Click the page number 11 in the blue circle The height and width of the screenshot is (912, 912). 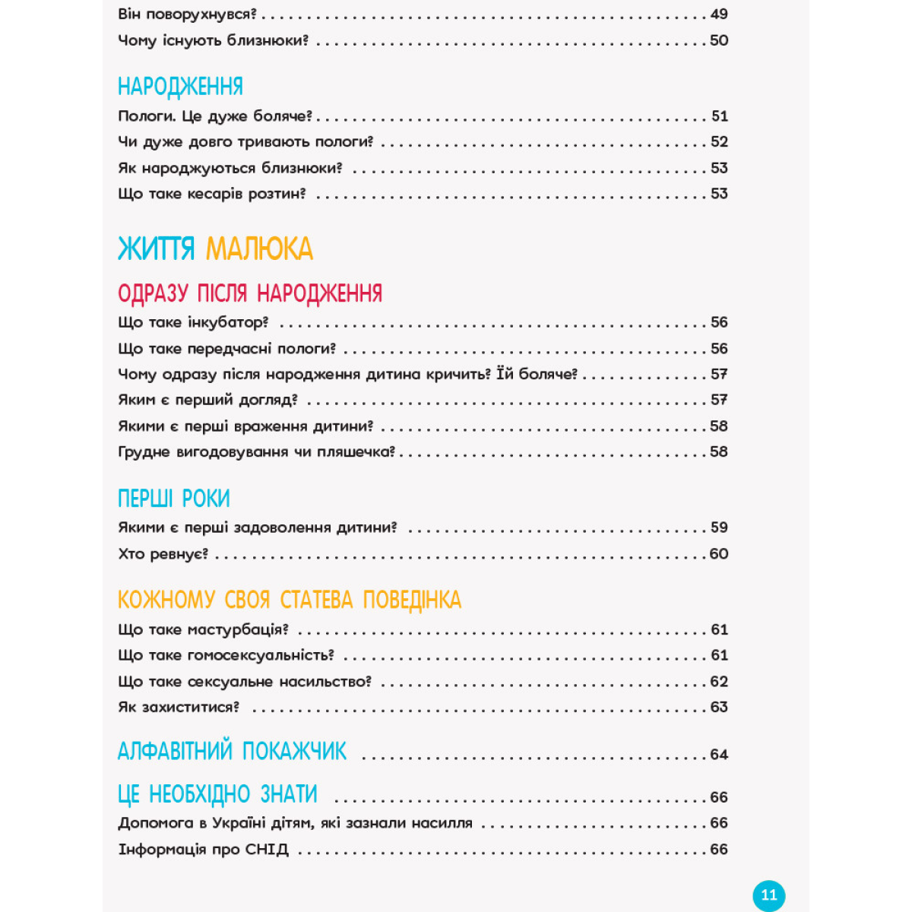tap(768, 895)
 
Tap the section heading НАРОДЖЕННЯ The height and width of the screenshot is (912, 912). tap(180, 87)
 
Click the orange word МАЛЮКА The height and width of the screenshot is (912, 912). tap(259, 249)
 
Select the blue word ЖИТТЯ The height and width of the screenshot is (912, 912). tap(156, 249)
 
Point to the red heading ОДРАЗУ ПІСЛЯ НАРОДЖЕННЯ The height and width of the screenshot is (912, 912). tap(250, 293)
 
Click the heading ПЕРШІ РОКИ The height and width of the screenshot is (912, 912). tap(173, 499)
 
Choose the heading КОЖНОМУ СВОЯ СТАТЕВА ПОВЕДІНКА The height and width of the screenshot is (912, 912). tap(290, 600)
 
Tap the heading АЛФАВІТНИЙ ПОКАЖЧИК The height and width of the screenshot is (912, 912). tap(232, 752)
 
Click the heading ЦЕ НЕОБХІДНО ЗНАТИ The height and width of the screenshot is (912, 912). tap(217, 795)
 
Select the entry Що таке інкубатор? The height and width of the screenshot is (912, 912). tap(193, 323)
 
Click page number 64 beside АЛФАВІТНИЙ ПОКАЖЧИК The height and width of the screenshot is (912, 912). tap(719, 755)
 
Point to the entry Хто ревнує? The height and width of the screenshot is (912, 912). tap(163, 554)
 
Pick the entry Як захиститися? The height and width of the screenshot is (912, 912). tap(179, 708)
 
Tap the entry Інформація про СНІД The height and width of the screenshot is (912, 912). tap(203, 850)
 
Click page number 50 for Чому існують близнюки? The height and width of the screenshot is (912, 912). tap(719, 40)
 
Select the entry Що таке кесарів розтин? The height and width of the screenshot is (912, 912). tap(211, 194)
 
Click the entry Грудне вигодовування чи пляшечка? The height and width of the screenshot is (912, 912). tap(257, 452)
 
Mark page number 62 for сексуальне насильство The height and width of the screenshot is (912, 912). tap(719, 682)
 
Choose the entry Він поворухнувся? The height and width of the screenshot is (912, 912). tap(188, 14)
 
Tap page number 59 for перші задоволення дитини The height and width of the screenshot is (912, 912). tap(719, 527)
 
